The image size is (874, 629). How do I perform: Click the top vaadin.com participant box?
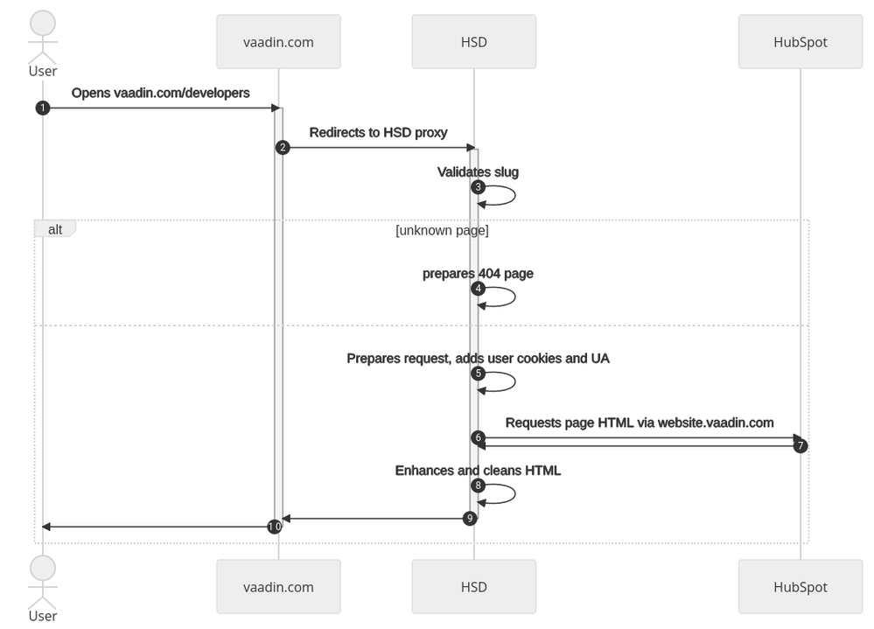[x=278, y=41]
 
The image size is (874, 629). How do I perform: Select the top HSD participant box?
[x=473, y=41]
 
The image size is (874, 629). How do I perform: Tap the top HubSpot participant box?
[x=800, y=41]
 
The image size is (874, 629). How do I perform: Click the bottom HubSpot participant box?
[x=800, y=587]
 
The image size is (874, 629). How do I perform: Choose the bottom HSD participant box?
[x=473, y=587]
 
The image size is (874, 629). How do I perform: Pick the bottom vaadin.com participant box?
[x=278, y=587]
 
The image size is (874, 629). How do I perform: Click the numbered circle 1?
[x=42, y=108]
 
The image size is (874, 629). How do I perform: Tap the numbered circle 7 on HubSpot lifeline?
[x=800, y=446]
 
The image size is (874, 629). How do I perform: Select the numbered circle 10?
[x=275, y=527]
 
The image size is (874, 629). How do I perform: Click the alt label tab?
[x=54, y=228]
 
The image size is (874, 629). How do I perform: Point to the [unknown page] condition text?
[x=442, y=231]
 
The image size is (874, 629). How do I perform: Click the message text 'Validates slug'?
[x=478, y=172]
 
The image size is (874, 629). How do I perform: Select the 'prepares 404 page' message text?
[x=478, y=274]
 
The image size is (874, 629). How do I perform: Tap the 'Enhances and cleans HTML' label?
[x=478, y=471]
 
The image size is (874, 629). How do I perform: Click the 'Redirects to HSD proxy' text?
[x=378, y=133]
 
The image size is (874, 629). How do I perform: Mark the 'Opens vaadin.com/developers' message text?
[x=160, y=93]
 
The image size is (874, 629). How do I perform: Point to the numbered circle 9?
[x=470, y=518]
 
